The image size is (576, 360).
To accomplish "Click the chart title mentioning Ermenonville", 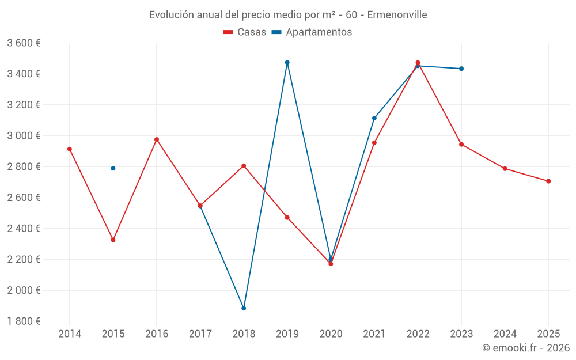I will (288, 14).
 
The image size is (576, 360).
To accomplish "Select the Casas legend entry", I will (245, 32).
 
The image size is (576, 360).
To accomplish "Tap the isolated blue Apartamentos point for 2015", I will (113, 168).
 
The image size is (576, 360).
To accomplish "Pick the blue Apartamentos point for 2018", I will (244, 308).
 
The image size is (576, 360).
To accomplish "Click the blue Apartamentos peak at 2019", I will (287, 62).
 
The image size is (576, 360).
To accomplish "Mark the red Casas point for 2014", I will (70, 149).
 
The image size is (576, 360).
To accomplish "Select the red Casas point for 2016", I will (157, 139).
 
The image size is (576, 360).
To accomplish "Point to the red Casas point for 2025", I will (548, 181).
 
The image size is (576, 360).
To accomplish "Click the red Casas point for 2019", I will (287, 218).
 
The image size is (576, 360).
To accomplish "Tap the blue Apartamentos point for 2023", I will (461, 69).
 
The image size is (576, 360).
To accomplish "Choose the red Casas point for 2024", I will (505, 169).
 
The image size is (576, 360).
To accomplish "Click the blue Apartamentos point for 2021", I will (374, 118).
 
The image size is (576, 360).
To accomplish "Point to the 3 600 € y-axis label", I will (24, 43).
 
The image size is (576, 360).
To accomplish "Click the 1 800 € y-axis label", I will (24, 321).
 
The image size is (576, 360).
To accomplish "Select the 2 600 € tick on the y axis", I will (24, 198).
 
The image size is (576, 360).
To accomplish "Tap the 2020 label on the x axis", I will (331, 334).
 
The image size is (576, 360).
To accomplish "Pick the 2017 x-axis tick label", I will (200, 334).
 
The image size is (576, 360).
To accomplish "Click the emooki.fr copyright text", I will (525, 348).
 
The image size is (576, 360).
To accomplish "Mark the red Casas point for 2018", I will (244, 166).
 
